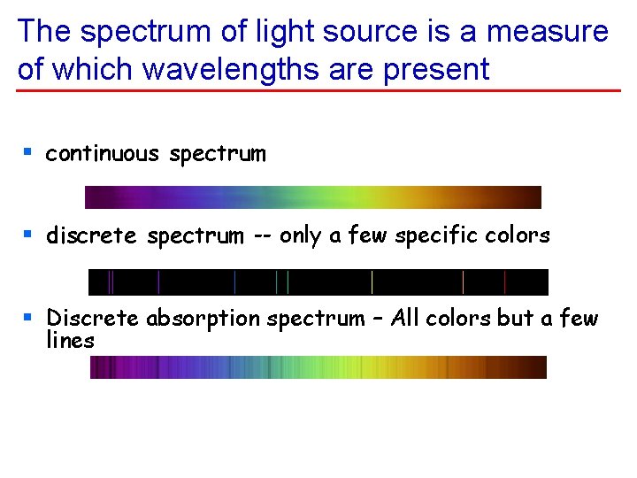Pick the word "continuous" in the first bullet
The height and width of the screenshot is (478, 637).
click(103, 154)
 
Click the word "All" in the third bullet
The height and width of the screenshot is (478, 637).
click(406, 318)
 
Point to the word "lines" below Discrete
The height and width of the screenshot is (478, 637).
click(70, 340)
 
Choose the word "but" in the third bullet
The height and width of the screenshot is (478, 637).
click(518, 318)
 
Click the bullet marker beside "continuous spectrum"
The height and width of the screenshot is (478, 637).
click(28, 153)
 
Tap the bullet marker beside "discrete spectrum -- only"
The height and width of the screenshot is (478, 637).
click(28, 235)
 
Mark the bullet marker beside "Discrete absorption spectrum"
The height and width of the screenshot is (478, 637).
click(28, 317)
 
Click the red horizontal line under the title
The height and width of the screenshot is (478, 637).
click(318, 90)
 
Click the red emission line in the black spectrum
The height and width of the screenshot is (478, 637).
click(504, 282)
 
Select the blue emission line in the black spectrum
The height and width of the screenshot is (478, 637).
click(234, 282)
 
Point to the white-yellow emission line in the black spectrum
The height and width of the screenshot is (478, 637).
click(372, 282)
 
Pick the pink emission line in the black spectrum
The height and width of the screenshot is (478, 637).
click(464, 282)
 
